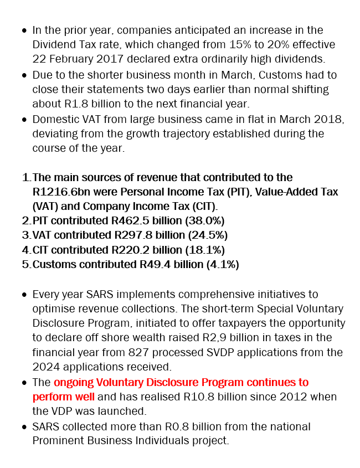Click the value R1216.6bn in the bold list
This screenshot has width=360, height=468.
click(x=59, y=192)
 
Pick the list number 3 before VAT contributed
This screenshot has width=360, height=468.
click(x=25, y=235)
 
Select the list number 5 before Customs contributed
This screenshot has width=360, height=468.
click(x=25, y=264)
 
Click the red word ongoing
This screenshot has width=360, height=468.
click(x=74, y=382)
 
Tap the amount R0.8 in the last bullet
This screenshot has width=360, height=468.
click(x=174, y=426)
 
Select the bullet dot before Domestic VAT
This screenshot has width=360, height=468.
click(x=24, y=119)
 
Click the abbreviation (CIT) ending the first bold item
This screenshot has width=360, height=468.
click(x=202, y=206)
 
